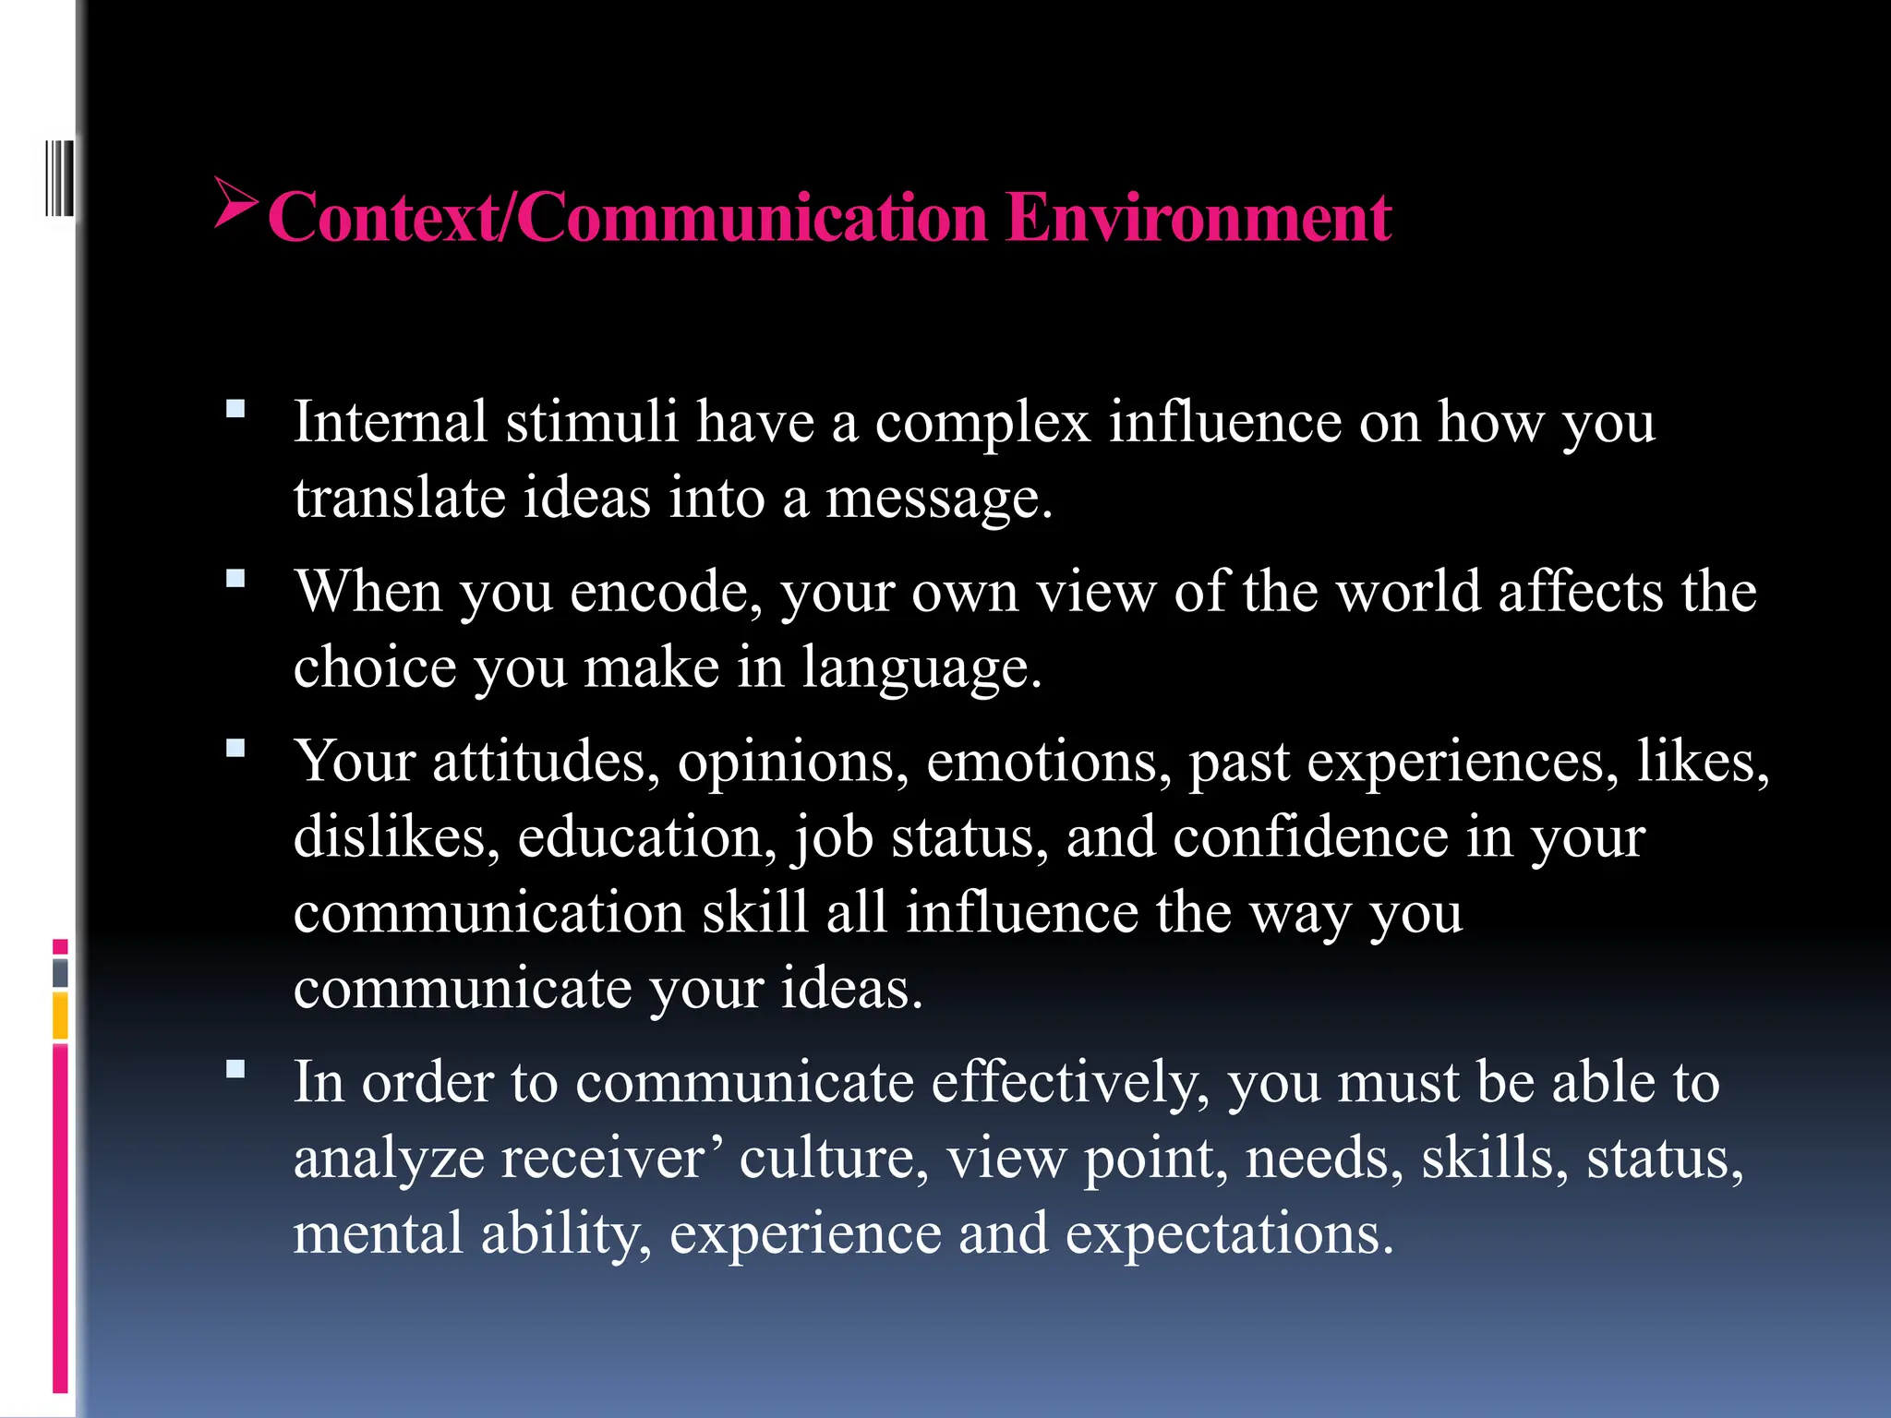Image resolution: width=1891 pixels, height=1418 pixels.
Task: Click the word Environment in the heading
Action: click(x=1198, y=218)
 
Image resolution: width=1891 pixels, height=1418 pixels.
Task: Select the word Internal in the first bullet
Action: click(x=391, y=422)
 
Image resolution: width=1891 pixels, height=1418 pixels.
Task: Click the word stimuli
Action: click(x=592, y=422)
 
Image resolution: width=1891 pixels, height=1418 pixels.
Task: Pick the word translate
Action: click(x=400, y=498)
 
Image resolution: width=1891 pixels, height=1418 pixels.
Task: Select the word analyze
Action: click(x=389, y=1160)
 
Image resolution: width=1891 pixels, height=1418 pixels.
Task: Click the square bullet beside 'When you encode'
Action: click(x=236, y=579)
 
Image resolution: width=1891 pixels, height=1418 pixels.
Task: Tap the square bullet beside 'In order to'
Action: click(x=236, y=1069)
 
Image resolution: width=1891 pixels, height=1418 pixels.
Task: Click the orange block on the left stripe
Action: click(x=60, y=1015)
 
